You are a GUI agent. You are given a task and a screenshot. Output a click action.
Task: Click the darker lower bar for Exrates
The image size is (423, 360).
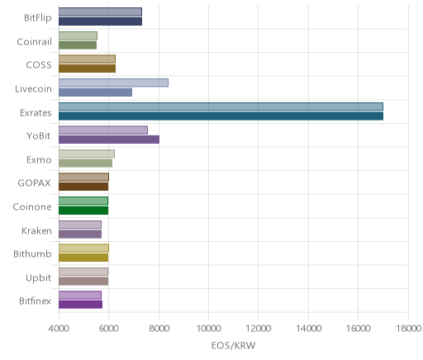[221, 116]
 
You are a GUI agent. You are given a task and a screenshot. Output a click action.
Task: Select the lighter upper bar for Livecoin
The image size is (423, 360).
[113, 83]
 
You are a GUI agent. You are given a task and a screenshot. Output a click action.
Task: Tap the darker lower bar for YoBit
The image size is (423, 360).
[109, 140]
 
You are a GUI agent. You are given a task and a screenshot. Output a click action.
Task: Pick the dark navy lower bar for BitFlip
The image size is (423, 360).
[100, 21]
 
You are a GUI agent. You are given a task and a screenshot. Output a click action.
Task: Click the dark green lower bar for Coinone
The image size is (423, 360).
[83, 211]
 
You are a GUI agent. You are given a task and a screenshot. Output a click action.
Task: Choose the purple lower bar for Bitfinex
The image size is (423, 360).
[80, 305]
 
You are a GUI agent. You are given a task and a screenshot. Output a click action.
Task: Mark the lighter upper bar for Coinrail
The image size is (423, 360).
[78, 36]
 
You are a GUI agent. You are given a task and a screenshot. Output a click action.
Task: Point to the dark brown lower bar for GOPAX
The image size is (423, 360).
[83, 187]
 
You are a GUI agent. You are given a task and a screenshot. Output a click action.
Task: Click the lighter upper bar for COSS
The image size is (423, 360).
[87, 59]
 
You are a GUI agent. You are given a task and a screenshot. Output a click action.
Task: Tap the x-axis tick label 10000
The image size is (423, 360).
[208, 329]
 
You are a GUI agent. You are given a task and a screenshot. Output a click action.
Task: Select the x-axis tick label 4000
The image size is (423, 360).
[59, 329]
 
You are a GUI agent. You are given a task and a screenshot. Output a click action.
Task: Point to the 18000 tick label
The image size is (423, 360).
[409, 329]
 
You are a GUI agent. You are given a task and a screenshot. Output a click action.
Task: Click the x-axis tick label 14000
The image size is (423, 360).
[308, 329]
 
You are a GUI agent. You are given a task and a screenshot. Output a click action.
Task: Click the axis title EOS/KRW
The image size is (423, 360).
[233, 345]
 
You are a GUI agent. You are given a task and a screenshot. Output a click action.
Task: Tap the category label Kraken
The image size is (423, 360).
[36, 230]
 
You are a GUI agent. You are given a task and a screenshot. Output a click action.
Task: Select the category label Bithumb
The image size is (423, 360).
[32, 253]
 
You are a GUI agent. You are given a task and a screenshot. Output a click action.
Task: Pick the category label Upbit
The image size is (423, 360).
[38, 277]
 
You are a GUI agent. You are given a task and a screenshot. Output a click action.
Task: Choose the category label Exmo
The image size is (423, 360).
[39, 159]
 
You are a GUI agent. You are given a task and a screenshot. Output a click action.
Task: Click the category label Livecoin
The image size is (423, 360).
[33, 88]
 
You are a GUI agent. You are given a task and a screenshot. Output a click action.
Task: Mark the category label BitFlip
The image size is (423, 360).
[38, 18]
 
